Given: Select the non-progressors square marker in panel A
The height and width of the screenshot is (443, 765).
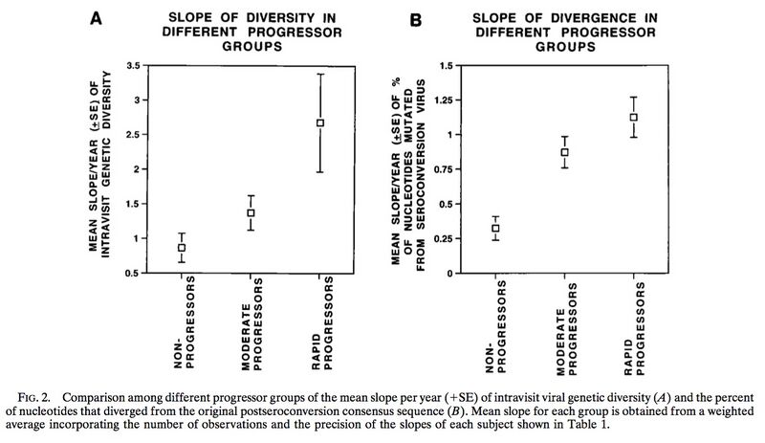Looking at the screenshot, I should coord(182,248).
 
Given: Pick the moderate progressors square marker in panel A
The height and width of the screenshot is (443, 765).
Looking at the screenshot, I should coord(251,212).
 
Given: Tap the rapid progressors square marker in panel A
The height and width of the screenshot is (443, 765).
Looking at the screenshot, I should coord(320,122).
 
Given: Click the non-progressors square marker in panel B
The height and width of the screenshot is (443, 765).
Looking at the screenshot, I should coord(496,228).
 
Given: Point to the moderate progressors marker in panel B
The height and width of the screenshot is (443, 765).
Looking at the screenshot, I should coord(564,152).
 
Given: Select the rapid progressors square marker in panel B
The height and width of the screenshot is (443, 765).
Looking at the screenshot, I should coord(633,117).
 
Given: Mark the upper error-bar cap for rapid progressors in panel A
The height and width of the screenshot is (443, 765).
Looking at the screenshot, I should coord(320,74).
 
